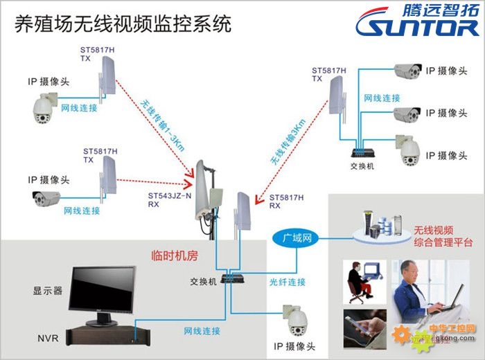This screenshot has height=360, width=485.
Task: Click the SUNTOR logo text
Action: point(418,27)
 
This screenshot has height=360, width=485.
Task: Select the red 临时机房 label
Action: point(175,256)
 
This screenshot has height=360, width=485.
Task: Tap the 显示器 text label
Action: point(48,291)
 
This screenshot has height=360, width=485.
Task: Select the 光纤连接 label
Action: point(288,282)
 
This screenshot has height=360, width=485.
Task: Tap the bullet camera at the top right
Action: point(407,71)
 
